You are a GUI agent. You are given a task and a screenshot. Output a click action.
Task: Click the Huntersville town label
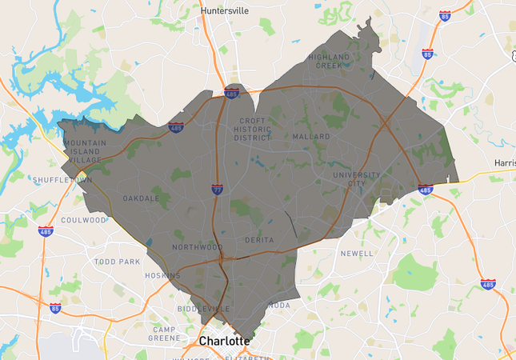(x=226, y=10)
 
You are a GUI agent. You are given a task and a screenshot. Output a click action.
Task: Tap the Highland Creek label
(x=330, y=62)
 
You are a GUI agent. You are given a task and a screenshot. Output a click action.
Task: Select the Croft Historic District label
(x=252, y=130)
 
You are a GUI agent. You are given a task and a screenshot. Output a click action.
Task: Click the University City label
(x=355, y=178)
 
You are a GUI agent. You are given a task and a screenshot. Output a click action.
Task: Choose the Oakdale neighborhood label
(x=141, y=198)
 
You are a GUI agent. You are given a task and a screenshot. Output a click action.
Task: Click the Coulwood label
(x=83, y=220)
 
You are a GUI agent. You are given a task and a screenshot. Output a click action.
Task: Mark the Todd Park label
(x=117, y=262)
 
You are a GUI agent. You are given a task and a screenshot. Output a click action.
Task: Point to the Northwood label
(x=197, y=247)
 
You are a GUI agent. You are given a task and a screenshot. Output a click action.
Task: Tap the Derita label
(x=260, y=240)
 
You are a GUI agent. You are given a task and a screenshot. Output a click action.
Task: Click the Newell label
(x=356, y=254)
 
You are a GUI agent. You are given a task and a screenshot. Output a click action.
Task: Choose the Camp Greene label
(x=170, y=334)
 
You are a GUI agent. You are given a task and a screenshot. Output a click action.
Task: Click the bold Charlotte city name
(x=224, y=342)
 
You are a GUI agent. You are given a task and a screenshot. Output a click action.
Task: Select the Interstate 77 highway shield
(x=218, y=190)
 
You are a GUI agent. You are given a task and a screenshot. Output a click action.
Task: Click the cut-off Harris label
(x=505, y=162)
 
